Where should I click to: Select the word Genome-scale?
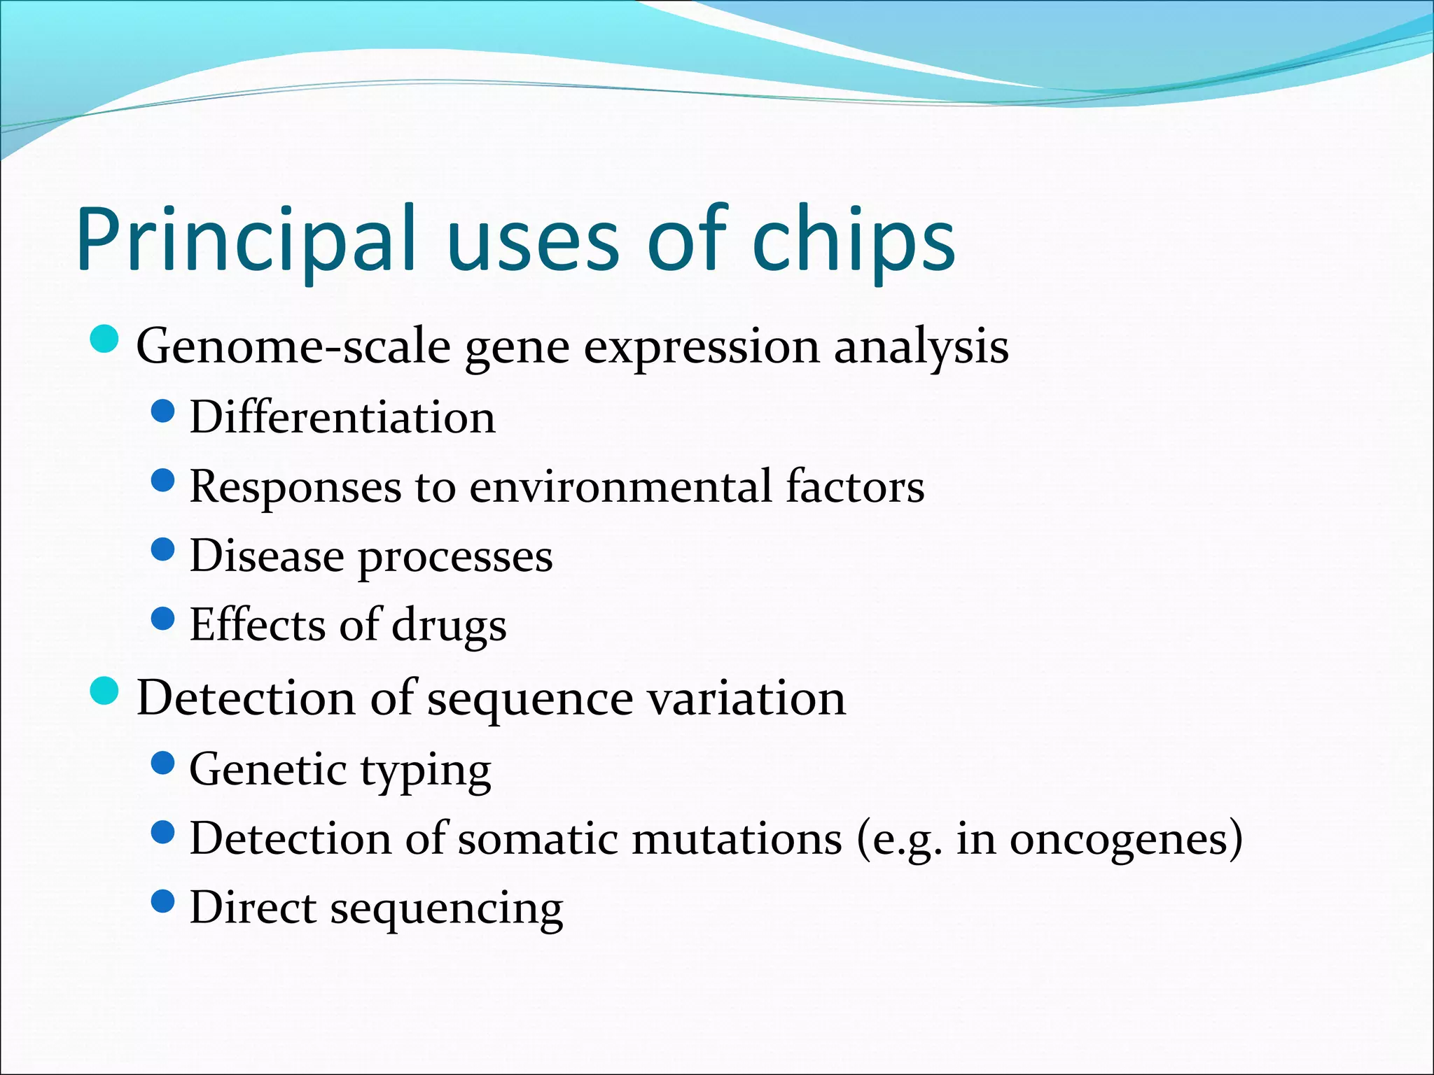pos(293,346)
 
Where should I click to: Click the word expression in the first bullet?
pos(701,348)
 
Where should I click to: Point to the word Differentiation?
pos(342,417)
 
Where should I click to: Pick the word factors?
pos(854,486)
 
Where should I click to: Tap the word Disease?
pos(267,556)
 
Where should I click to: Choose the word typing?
pos(426,771)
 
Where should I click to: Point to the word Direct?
pos(253,908)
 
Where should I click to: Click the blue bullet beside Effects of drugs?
pos(162,619)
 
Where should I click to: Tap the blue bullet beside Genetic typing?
pos(162,763)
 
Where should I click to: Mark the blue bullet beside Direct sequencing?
pos(162,901)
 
